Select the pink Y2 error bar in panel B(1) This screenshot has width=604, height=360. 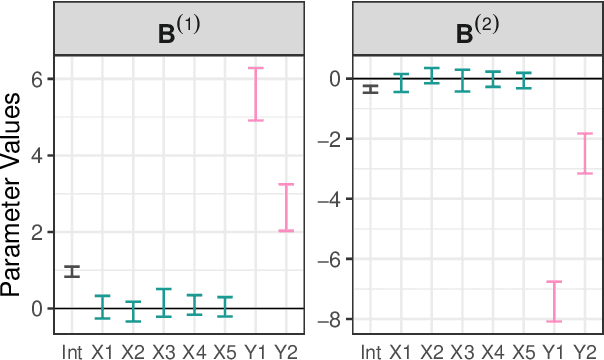tap(286, 207)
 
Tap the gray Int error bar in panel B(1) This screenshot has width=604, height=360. tap(72, 271)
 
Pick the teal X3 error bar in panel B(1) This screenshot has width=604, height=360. tap(164, 303)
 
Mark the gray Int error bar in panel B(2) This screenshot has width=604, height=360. tap(370, 89)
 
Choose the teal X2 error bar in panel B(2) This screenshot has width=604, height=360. tap(432, 75)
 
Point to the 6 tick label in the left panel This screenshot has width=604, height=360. tap(36, 79)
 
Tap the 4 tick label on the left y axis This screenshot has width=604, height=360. tap(36, 156)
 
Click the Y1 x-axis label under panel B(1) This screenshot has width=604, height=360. tap(256, 351)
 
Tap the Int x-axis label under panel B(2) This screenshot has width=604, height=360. tap(370, 351)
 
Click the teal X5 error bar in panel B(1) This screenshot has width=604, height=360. tap(226, 306)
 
